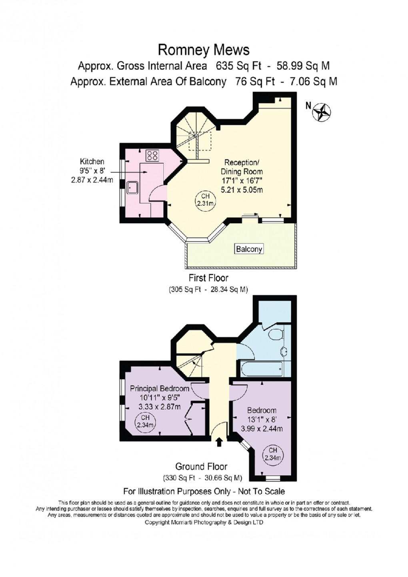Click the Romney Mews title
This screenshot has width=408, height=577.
coord(204,50)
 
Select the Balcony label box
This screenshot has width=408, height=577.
coord(249,249)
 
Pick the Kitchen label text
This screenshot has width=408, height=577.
coord(92,162)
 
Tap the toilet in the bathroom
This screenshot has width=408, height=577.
coord(276,333)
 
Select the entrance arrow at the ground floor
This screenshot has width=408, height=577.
coord(219,442)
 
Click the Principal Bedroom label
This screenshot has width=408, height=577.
coord(159,389)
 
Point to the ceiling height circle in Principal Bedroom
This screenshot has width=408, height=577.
coord(143,422)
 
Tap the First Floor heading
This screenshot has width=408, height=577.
coord(208,278)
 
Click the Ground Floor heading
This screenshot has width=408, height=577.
coord(201,467)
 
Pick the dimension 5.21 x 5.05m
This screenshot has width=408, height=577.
coord(241,189)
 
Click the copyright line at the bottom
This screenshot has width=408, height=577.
coord(204,522)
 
